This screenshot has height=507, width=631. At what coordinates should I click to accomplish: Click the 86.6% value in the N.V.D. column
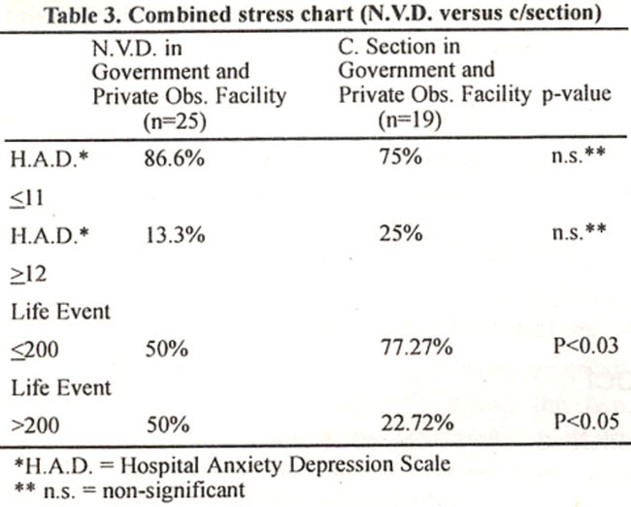(x=174, y=158)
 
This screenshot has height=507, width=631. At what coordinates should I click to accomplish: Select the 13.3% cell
(x=175, y=234)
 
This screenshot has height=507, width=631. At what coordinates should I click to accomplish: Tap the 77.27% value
(x=416, y=347)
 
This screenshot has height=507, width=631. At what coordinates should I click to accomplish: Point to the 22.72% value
(x=417, y=422)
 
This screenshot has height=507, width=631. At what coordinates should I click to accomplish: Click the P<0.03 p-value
(x=585, y=346)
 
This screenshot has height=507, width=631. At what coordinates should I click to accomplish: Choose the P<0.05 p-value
(x=586, y=422)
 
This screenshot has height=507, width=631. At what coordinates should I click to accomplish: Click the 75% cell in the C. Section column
(x=401, y=156)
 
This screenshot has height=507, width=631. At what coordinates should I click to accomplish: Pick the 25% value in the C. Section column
(x=401, y=233)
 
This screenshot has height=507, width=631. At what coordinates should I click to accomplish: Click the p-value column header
(x=577, y=95)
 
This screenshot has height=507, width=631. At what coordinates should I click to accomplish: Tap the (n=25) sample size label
(x=175, y=121)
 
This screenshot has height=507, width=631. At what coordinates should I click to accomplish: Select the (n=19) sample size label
(x=410, y=119)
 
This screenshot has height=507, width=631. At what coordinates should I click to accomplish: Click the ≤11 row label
(x=26, y=198)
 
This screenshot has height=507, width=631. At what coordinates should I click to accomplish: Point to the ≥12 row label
(x=28, y=274)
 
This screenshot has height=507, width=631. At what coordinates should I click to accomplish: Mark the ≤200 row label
(x=35, y=350)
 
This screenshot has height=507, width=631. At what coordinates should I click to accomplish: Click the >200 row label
(x=35, y=425)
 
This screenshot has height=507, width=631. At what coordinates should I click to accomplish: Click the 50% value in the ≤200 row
(x=167, y=349)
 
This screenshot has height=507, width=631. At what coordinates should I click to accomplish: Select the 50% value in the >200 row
(x=168, y=424)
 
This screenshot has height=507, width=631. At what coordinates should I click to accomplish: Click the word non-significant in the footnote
(x=174, y=490)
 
